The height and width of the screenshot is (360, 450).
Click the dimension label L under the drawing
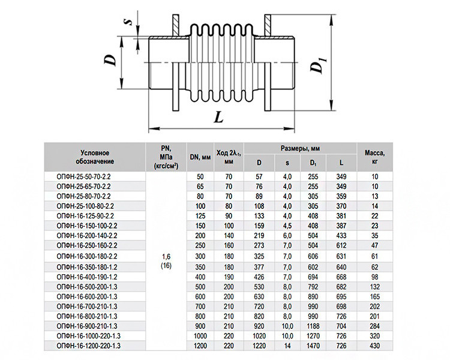218,117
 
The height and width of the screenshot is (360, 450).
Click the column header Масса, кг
374,157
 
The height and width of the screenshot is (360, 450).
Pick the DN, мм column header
200,157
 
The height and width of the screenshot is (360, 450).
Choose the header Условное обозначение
95,157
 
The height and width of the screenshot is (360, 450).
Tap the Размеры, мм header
300,148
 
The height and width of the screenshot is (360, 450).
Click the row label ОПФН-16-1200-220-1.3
89,346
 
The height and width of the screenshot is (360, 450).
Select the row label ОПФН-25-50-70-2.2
83,177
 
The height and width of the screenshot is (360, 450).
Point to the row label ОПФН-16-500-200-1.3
87,287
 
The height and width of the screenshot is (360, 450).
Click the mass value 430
375,346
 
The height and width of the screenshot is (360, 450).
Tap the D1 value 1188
313,326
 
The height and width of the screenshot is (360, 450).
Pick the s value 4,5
287,226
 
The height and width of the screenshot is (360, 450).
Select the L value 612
341,246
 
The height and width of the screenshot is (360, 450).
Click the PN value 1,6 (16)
166,261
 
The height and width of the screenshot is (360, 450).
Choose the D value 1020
259,336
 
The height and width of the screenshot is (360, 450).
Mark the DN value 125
200,216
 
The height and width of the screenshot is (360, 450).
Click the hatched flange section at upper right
268,26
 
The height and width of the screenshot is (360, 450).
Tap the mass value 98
375,277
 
